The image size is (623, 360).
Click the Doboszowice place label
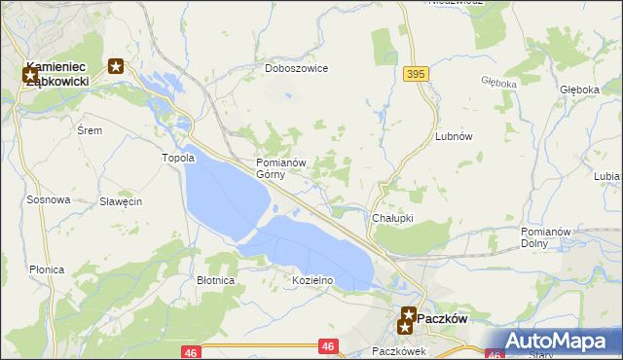click(297, 69)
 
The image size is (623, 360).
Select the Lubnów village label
click(454, 137)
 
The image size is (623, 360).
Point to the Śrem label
click(89, 129)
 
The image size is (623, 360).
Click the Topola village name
click(178, 157)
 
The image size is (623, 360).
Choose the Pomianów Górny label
click(281, 168)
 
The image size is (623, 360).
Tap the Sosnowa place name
click(49, 199)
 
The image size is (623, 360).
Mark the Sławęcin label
click(122, 201)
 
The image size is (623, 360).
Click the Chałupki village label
click(393, 219)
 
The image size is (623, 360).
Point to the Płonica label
click(47, 270)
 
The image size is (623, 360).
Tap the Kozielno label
click(313, 280)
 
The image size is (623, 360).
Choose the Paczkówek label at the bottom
click(400, 351)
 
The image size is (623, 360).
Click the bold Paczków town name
click(444, 318)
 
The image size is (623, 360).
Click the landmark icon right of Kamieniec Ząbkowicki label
click(116, 66)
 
